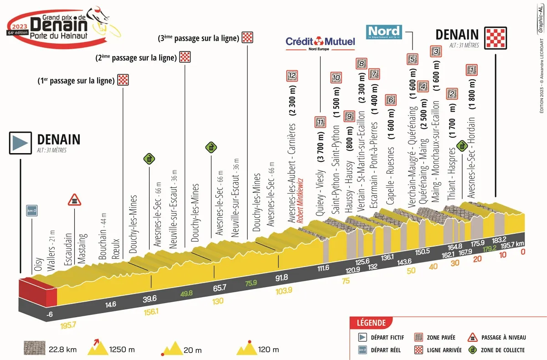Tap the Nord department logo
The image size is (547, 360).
click(384, 31)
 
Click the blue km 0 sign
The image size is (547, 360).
click(31, 211)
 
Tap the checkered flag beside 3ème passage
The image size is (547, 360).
click(247, 38)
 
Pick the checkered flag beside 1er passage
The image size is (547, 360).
click(123, 81)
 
